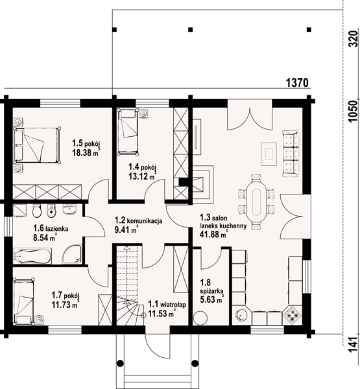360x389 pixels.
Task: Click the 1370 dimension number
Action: point(297,82)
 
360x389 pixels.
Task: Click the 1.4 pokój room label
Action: point(142,167)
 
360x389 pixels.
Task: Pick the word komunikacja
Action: point(145,220)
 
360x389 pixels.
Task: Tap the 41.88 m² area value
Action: point(213,234)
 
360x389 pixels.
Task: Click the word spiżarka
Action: point(211,291)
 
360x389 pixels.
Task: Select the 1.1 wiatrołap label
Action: point(167,305)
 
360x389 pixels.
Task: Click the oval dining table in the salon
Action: point(256,202)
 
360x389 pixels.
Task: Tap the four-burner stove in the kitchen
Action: point(293,315)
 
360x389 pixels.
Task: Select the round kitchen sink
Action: point(241,315)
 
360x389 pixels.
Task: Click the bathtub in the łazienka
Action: point(32,256)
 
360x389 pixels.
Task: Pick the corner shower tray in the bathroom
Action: point(72,254)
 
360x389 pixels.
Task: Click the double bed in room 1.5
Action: point(37,145)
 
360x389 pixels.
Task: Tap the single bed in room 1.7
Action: point(23,301)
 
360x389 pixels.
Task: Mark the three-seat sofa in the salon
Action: point(291,154)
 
